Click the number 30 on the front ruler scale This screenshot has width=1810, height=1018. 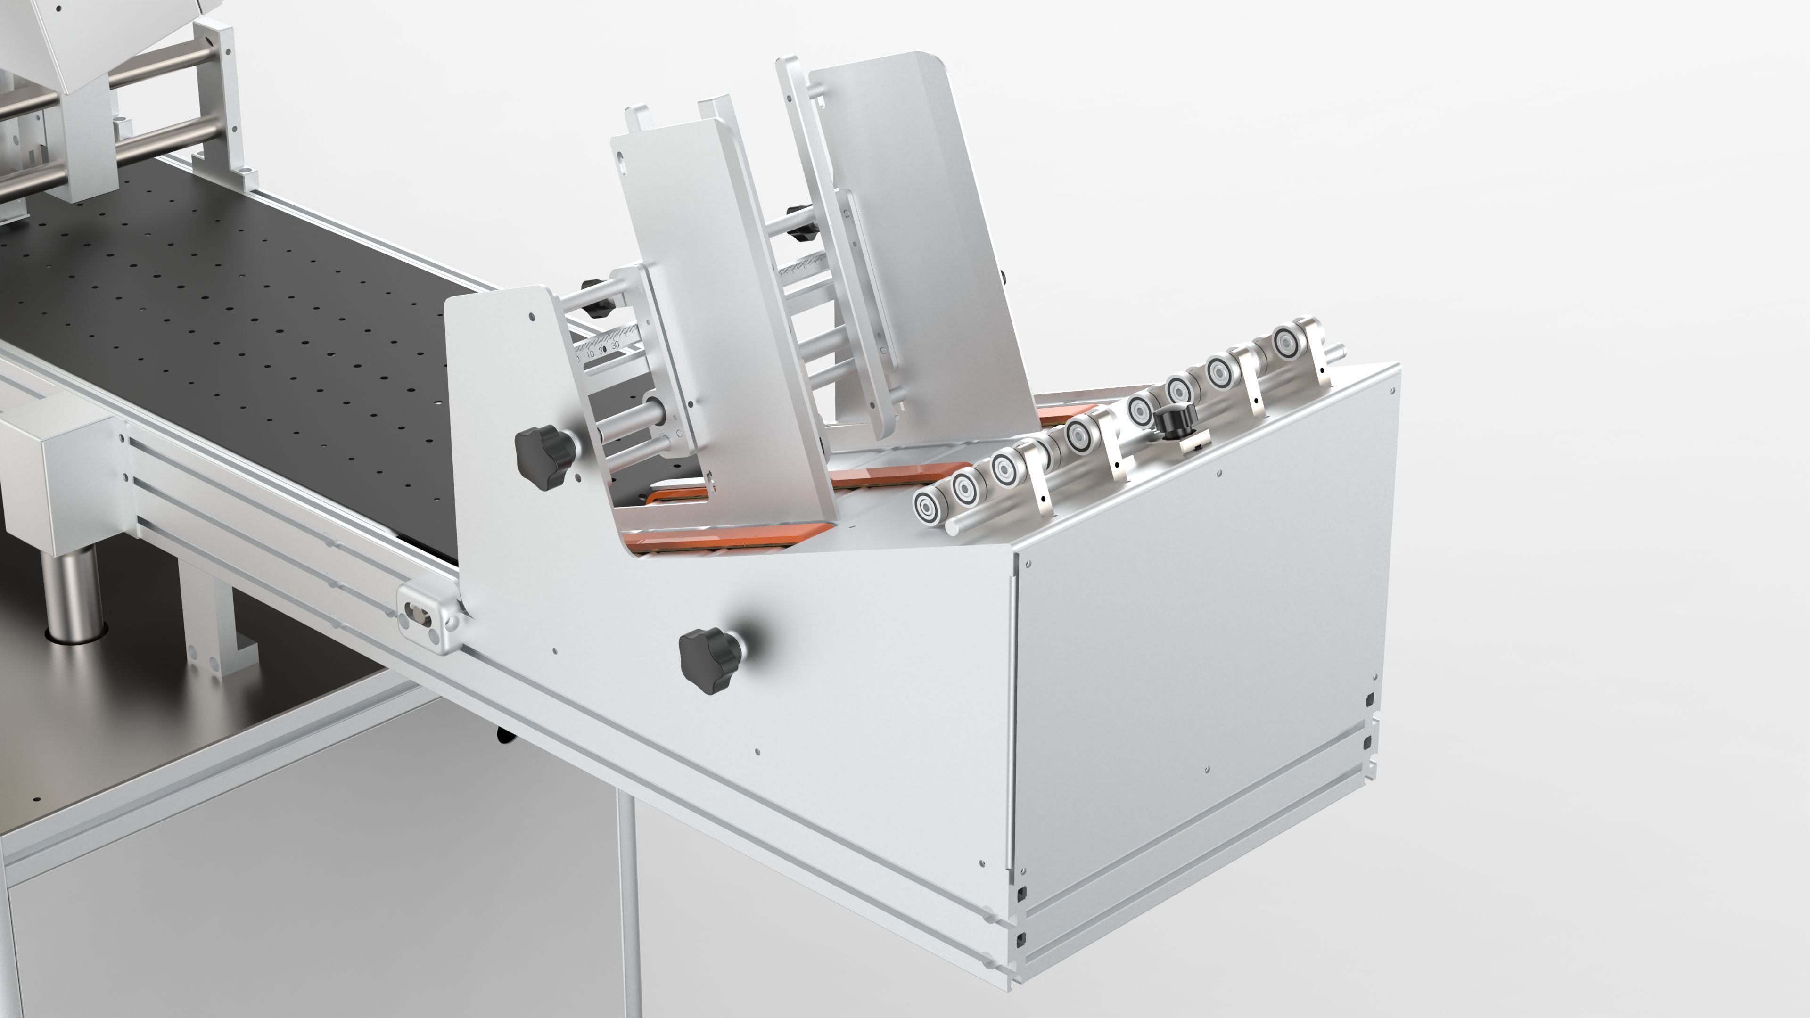click(x=616, y=345)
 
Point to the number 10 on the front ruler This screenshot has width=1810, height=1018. click(x=590, y=354)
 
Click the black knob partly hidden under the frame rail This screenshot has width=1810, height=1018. click(x=504, y=734)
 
